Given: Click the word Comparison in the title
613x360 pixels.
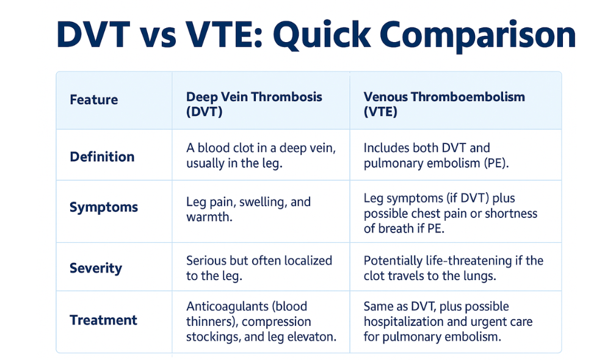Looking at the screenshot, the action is click(477, 35).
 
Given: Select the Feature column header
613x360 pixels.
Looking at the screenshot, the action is click(94, 99).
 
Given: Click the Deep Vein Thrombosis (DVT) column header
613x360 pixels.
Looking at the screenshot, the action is click(254, 104).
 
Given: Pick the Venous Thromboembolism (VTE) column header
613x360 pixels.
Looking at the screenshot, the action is click(444, 104).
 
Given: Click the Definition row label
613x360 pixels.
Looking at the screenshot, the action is click(102, 157).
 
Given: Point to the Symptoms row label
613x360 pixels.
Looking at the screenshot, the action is click(104, 207).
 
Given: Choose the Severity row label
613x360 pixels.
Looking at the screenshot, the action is click(96, 268).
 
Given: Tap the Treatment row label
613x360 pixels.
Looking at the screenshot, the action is click(103, 320).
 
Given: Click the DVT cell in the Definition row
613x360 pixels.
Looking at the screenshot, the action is click(261, 155).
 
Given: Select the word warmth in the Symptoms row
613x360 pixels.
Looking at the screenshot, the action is click(209, 217).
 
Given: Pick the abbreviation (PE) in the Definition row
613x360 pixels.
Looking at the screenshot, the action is click(496, 163).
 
